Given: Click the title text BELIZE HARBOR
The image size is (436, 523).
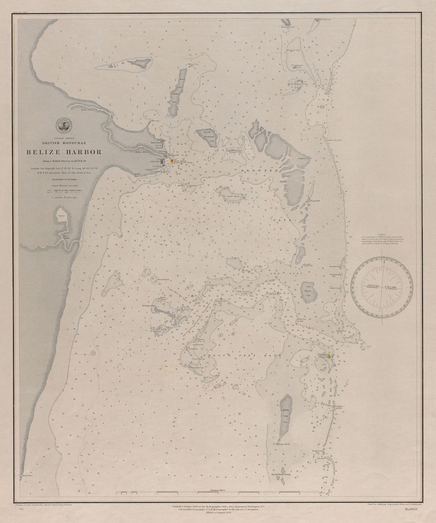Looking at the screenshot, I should click(64, 152).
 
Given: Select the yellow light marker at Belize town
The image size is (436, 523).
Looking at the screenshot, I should click(172, 160).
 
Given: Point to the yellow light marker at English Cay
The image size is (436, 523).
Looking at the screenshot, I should click(329, 356).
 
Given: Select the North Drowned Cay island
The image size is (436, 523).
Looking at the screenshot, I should click(208, 138).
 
